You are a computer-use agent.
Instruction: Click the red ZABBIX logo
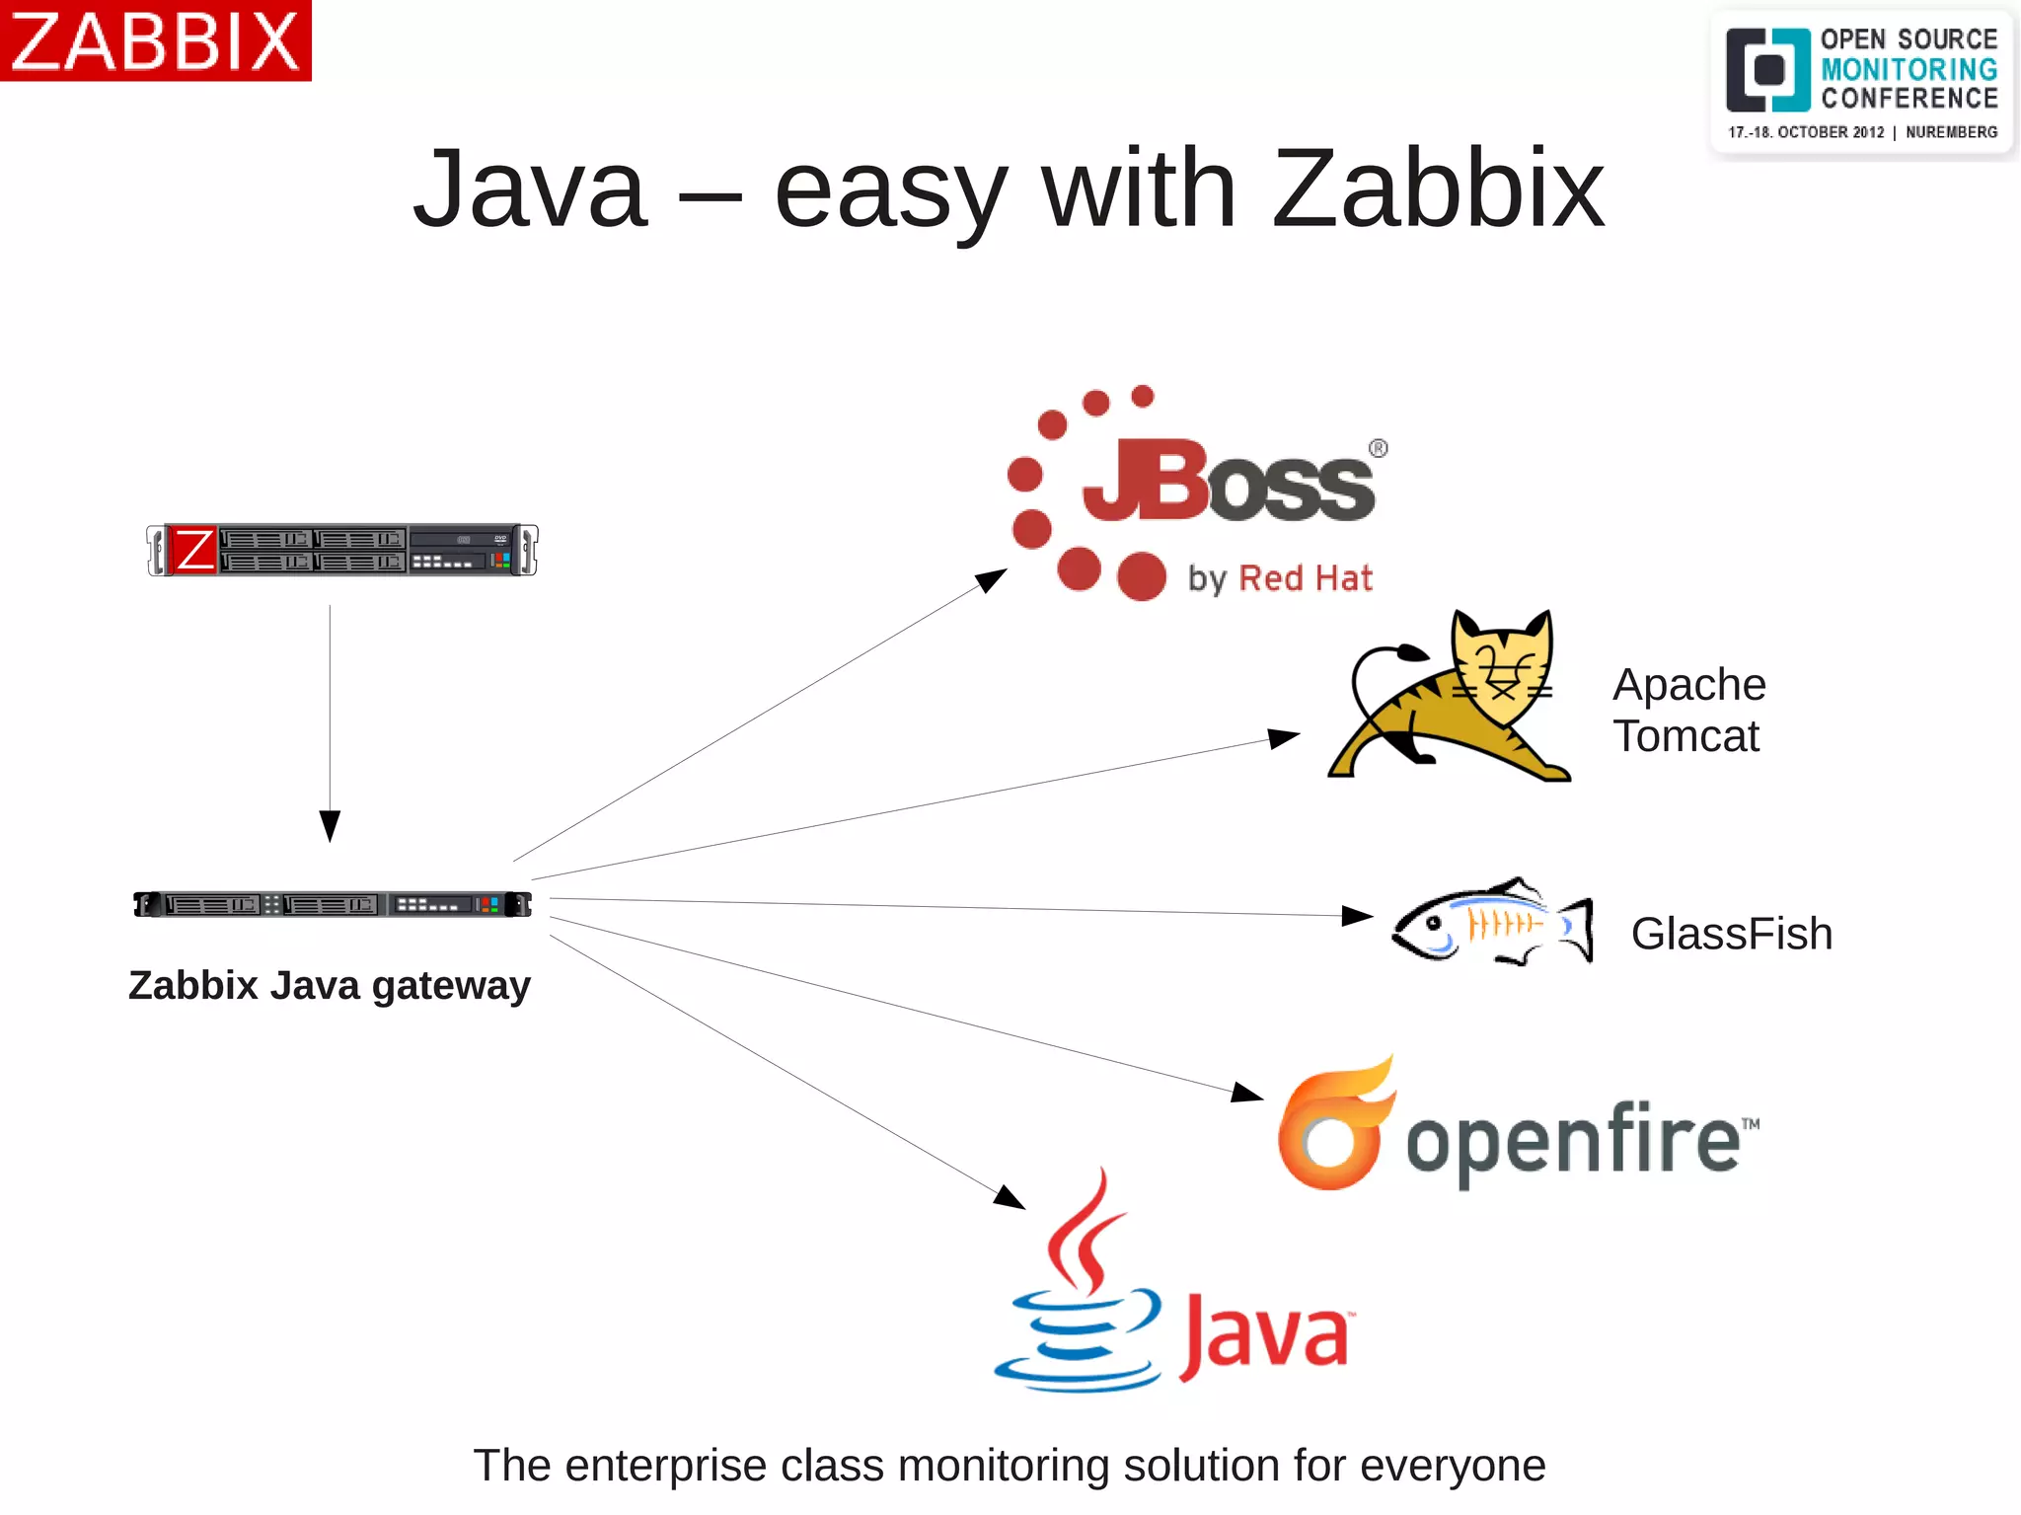(x=155, y=40)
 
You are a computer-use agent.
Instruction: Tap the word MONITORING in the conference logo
(x=1909, y=69)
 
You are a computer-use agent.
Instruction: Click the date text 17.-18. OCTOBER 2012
(x=1805, y=132)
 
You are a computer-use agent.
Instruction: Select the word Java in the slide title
(x=530, y=189)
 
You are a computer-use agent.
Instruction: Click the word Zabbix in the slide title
(x=1438, y=189)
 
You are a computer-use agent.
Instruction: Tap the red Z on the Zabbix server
(x=193, y=550)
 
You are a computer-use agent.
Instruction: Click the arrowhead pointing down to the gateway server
(x=330, y=825)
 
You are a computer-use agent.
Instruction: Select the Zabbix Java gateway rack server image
(x=333, y=904)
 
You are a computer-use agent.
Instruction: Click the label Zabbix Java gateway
(x=330, y=985)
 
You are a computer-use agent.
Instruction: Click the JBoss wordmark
(x=1229, y=481)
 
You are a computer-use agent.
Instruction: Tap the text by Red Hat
(x=1280, y=578)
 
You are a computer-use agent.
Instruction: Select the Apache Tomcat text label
(x=1688, y=710)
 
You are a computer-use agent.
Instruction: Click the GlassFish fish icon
(x=1491, y=923)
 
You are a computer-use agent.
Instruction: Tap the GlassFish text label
(x=1731, y=934)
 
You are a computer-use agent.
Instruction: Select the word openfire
(x=1573, y=1141)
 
